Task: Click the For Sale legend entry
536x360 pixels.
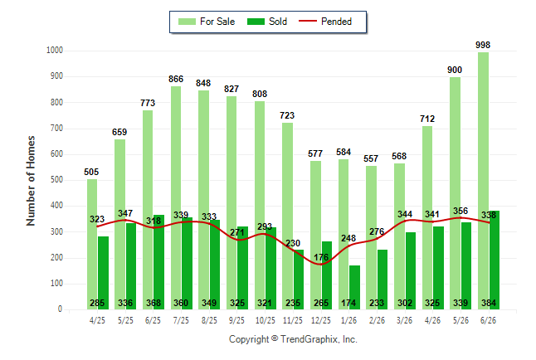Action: pyautogui.click(x=207, y=22)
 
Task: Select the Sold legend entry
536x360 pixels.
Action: pyautogui.click(x=267, y=22)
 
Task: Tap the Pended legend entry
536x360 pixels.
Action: pyautogui.click(x=325, y=22)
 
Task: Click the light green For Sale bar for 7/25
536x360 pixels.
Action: pyautogui.click(x=176, y=198)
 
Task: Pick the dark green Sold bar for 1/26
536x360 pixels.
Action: pyautogui.click(x=354, y=288)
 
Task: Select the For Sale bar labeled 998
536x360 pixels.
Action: pyautogui.click(x=484, y=181)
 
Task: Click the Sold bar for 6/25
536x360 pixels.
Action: pyautogui.click(x=159, y=262)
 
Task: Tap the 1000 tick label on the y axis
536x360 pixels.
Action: pyautogui.click(x=55, y=51)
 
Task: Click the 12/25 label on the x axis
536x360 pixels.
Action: pyautogui.click(x=320, y=320)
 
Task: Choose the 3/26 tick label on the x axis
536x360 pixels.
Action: pyautogui.click(x=404, y=320)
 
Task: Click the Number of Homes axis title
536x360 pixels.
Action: pyautogui.click(x=31, y=181)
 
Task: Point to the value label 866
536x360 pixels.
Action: pyautogui.click(x=176, y=79)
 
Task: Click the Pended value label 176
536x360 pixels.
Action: pyautogui.click(x=321, y=257)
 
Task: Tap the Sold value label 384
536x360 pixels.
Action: pyautogui.click(x=489, y=303)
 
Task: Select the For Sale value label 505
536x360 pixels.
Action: pyautogui.click(x=91, y=172)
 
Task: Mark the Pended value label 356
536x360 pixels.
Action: pyautogui.click(x=460, y=211)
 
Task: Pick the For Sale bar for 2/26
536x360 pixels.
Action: pyautogui.click(x=371, y=238)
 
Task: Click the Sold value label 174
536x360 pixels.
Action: pyautogui.click(x=348, y=303)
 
